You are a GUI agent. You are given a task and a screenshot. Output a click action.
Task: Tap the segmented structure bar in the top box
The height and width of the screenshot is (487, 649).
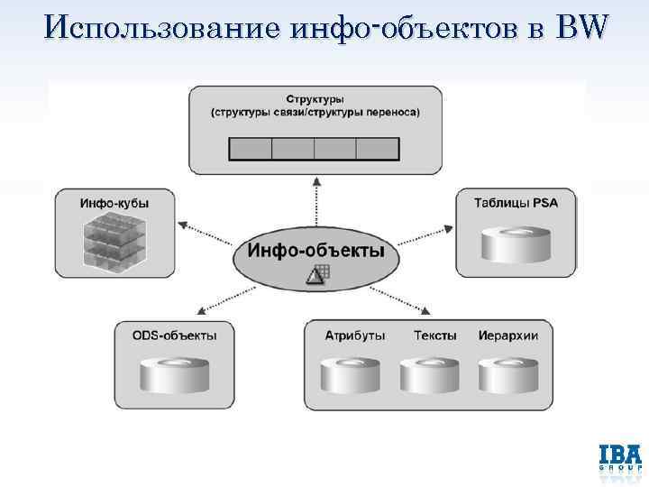315,148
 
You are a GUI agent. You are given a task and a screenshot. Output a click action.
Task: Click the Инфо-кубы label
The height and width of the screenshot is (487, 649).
114,203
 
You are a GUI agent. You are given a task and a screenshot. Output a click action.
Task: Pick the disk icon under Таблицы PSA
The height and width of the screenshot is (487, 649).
516,243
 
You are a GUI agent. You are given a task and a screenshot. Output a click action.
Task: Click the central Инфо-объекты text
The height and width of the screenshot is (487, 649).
316,250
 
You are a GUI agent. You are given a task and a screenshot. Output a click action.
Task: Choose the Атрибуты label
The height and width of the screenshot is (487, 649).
355,335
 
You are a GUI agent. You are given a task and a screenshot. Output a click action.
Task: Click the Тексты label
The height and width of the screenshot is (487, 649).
435,335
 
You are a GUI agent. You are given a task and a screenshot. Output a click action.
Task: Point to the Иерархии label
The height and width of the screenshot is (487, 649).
508,335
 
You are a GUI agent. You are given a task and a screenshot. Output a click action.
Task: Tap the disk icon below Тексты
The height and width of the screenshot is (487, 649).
431,374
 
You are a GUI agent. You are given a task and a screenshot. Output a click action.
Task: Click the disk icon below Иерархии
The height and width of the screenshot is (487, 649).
508,374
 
